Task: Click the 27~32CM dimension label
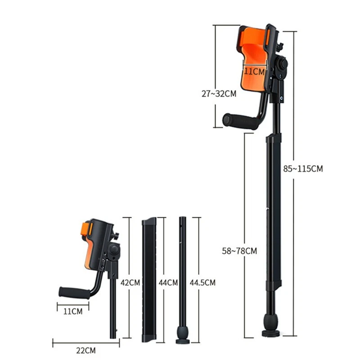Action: pyautogui.click(x=218, y=94)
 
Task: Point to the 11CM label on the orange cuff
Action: pyautogui.click(x=254, y=71)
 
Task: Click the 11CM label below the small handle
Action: pyautogui.click(x=72, y=311)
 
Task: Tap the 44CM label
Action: pyautogui.click(x=167, y=283)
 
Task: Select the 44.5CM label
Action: pyautogui.click(x=202, y=283)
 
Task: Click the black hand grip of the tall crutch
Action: pyautogui.click(x=238, y=121)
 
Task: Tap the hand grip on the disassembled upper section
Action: pyautogui.click(x=74, y=292)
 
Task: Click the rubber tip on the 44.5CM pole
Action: pyautogui.click(x=182, y=335)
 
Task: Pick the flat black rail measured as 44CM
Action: pyautogui.click(x=149, y=279)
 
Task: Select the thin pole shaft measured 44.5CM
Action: pyautogui.click(x=182, y=274)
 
